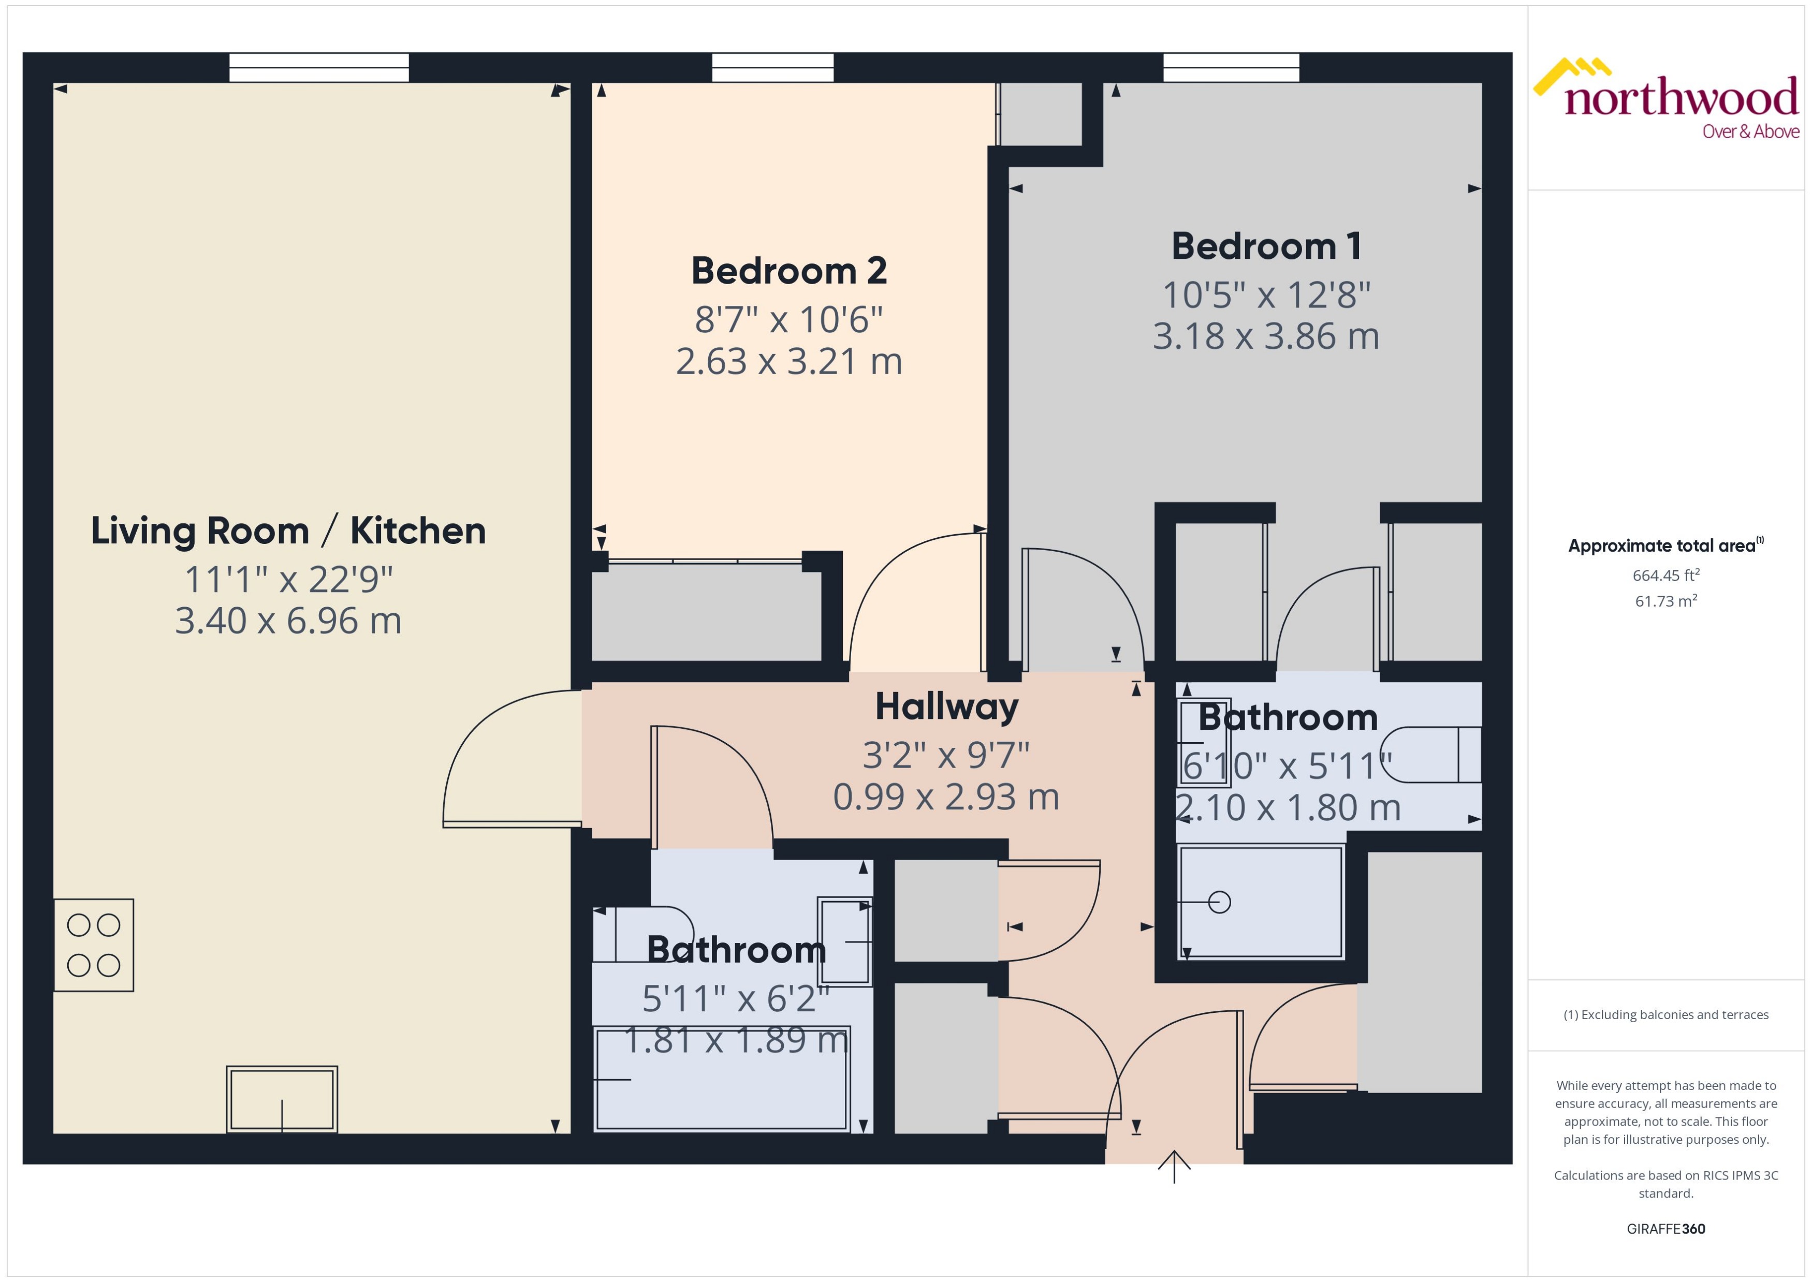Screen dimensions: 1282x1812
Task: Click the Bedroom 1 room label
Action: pos(1266,246)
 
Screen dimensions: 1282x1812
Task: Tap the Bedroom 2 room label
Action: pos(789,271)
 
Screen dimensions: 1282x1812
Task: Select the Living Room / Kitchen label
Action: pos(288,531)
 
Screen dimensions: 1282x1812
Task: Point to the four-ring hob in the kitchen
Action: pos(93,945)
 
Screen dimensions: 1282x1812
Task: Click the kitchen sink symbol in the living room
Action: pos(282,1099)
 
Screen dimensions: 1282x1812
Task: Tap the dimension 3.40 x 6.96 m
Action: pos(288,621)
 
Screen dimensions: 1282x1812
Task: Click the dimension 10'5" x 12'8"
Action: pos(1266,295)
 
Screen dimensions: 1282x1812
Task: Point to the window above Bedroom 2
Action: pos(772,68)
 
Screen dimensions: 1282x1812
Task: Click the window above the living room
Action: pos(319,68)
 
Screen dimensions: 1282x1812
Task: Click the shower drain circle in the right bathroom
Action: pos(1219,902)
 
